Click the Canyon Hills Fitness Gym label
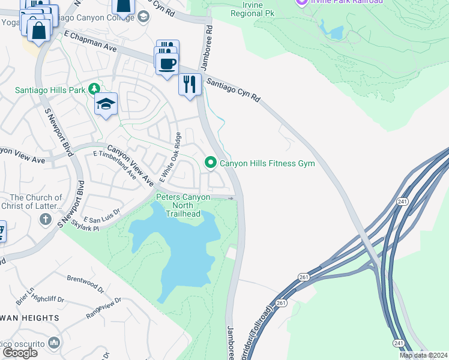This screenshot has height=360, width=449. [267, 163]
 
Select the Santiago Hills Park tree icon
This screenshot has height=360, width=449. [94, 89]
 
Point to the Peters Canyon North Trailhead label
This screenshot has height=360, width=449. [183, 206]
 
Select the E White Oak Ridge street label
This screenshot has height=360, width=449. [170, 158]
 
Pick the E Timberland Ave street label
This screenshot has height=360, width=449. [114, 163]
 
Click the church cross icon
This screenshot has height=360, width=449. [45, 219]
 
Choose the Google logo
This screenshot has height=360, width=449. [20, 353]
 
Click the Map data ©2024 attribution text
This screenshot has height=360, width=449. [423, 356]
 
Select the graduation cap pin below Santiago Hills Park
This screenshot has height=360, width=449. [106, 105]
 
